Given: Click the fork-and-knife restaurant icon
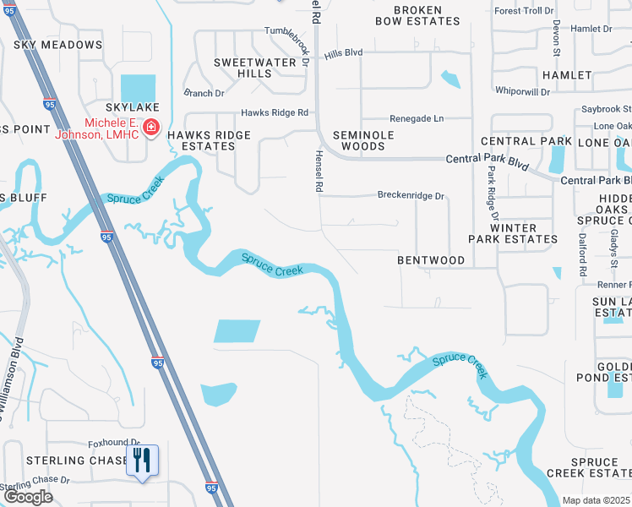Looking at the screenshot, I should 142,461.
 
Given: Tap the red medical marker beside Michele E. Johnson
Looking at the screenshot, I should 151,128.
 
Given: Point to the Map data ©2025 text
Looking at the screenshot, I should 597,500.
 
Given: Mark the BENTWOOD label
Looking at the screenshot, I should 431,260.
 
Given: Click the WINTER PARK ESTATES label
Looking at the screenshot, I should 513,233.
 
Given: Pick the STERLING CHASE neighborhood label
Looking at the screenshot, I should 67,461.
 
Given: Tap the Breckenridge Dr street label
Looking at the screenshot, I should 410,195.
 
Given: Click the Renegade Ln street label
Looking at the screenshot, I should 416,119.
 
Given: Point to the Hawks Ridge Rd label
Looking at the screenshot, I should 275,112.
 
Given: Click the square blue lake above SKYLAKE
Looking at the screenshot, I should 138,87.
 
